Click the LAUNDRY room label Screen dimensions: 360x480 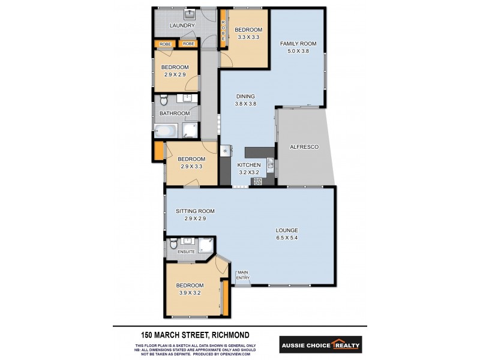click(182, 26)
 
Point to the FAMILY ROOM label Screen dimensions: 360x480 click(298, 43)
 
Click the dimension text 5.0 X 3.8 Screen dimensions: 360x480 click(298, 51)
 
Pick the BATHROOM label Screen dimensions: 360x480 click(175, 113)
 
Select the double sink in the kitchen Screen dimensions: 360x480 click(271, 163)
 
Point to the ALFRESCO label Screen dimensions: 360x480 click(304, 147)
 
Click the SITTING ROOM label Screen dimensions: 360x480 click(195, 211)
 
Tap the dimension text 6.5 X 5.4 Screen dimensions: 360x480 click(287, 238)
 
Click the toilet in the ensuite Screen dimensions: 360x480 click(173, 242)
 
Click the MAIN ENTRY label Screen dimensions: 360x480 click(243, 275)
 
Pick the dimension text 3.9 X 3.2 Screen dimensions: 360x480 click(190, 293)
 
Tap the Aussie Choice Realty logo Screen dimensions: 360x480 click(320, 345)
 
